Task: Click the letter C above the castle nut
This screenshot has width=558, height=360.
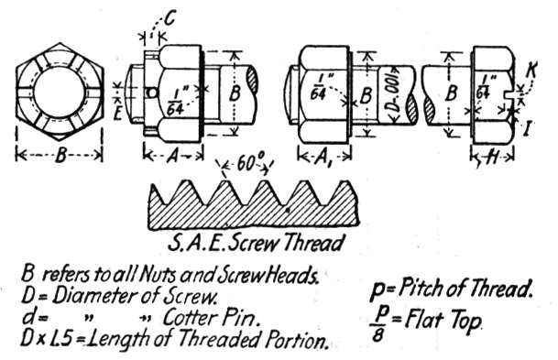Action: click(x=170, y=18)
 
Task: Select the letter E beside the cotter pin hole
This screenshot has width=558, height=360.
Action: click(x=118, y=114)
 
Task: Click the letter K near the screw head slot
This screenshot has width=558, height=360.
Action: click(x=531, y=71)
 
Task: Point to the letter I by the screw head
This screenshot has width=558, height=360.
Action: click(x=528, y=128)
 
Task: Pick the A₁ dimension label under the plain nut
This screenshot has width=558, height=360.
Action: click(x=323, y=158)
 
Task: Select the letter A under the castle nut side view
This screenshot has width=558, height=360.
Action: click(x=173, y=156)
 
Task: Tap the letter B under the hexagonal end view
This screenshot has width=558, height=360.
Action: click(x=60, y=156)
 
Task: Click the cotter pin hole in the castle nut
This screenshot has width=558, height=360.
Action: click(x=151, y=93)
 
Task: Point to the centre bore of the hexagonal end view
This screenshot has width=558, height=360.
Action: click(x=59, y=93)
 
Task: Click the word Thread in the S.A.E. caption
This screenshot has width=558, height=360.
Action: click(x=314, y=243)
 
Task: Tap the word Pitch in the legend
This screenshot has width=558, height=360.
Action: click(x=420, y=289)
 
